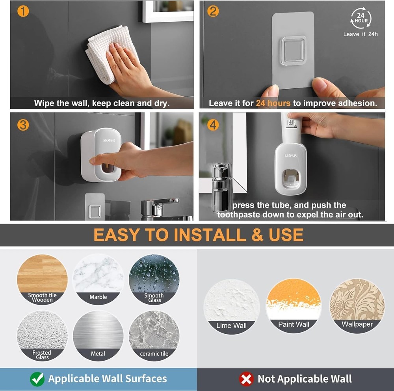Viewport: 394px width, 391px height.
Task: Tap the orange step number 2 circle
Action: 213,11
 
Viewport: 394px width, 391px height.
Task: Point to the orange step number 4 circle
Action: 213,125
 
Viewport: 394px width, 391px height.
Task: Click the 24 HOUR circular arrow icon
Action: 361,19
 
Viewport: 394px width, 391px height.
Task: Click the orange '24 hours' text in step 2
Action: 273,103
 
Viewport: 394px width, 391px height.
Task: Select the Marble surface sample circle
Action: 98,279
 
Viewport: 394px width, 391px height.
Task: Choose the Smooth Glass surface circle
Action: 154,279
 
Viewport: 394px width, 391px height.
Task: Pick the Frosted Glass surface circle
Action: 42,335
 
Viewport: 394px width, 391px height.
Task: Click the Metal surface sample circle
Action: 98,335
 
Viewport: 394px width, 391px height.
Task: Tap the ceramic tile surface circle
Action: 154,335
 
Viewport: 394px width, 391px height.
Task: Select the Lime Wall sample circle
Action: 232,306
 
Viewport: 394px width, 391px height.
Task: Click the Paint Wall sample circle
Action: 294,305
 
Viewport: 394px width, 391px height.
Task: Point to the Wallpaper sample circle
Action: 357,305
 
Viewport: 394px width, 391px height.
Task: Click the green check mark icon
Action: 37,379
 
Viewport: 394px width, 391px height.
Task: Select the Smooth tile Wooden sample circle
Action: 42,279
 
